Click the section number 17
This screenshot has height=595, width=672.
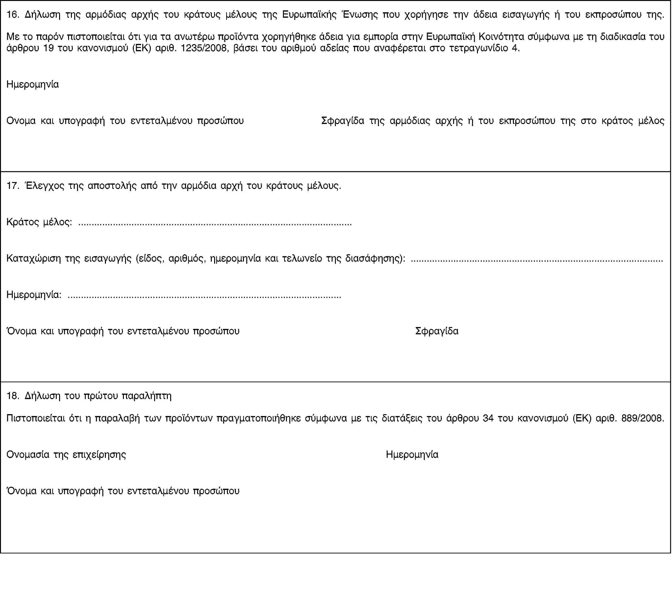tap(13, 186)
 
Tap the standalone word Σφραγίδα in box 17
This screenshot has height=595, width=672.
tap(437, 331)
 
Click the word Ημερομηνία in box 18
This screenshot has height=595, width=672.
tap(412, 455)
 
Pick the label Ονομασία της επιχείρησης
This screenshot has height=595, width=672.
tap(66, 455)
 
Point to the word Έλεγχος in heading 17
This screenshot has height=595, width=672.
tap(45, 186)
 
